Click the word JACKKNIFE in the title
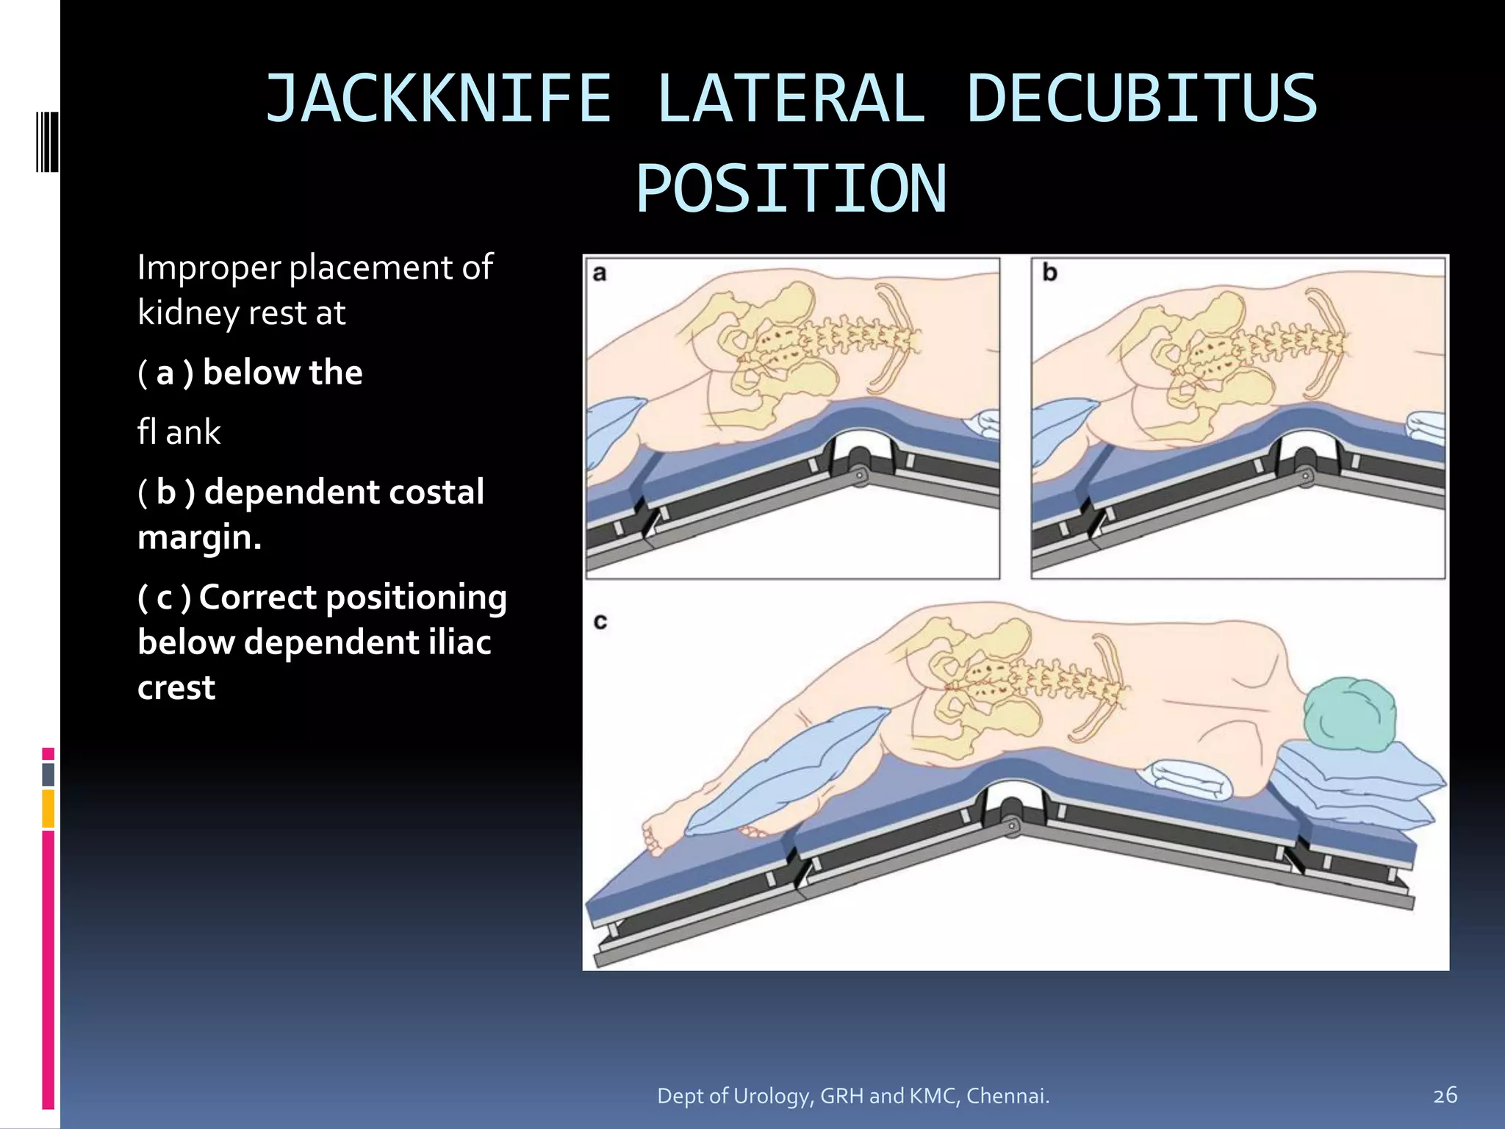pyautogui.click(x=438, y=99)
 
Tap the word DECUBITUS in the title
pyautogui.click(x=1141, y=99)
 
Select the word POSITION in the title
pyautogui.click(x=791, y=190)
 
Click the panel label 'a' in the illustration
pyautogui.click(x=600, y=273)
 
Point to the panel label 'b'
pyautogui.click(x=1049, y=273)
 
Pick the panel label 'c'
pyautogui.click(x=600, y=622)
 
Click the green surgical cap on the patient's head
pyautogui.click(x=1349, y=713)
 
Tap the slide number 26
pyautogui.click(x=1445, y=1095)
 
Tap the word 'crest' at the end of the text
pyautogui.click(x=176, y=688)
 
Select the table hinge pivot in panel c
pyautogui.click(x=1011, y=825)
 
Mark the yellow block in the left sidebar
pyautogui.click(x=49, y=808)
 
